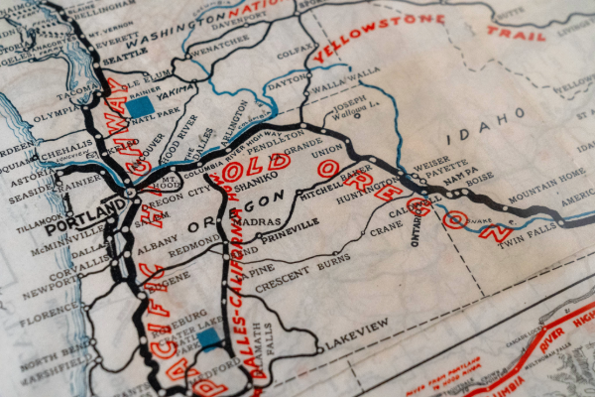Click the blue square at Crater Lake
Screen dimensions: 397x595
click(x=207, y=337)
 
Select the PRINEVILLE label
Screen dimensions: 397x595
click(x=291, y=224)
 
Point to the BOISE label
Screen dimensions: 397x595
click(x=479, y=179)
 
